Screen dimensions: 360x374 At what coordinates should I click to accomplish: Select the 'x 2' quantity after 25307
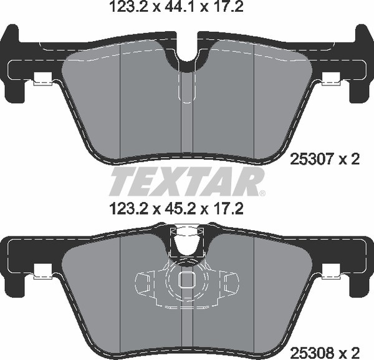349,160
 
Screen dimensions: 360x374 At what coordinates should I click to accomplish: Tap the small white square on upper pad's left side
42,80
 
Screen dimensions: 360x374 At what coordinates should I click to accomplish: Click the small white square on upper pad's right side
332,80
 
